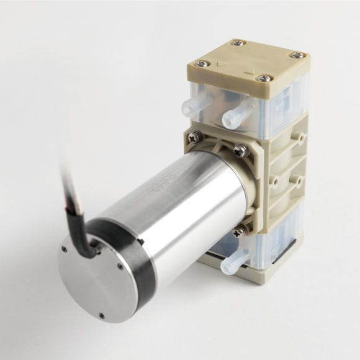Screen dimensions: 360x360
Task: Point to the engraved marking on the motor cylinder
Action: click(x=151, y=186)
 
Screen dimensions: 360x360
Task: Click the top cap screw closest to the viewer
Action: click(x=265, y=79)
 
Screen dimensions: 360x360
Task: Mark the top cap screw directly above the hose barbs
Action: click(x=200, y=63)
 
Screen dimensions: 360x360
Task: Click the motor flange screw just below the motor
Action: click(x=238, y=232)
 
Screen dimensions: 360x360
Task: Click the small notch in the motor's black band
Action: click(x=142, y=241)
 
